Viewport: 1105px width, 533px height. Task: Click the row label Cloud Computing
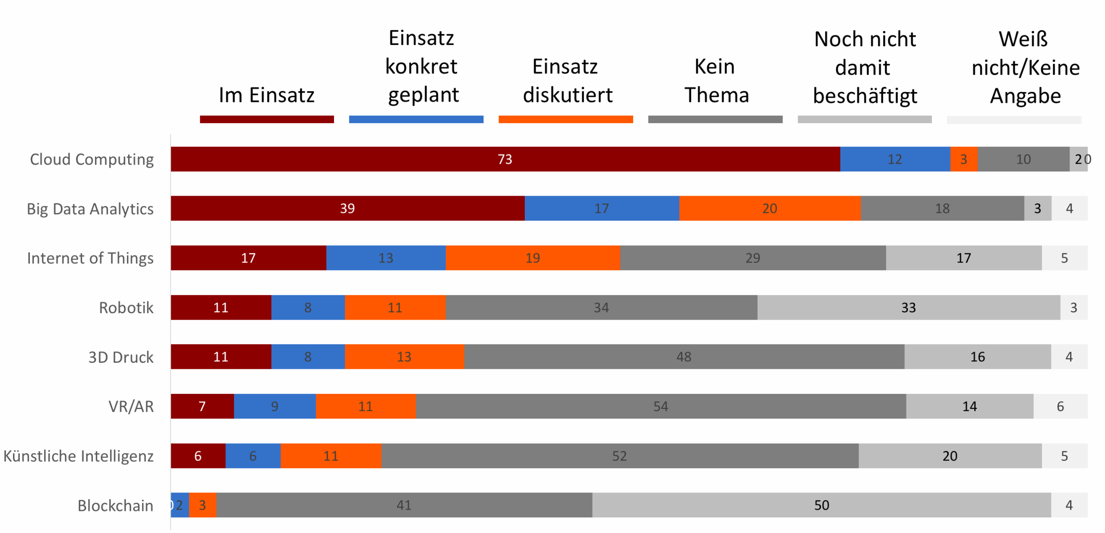coord(91,159)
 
